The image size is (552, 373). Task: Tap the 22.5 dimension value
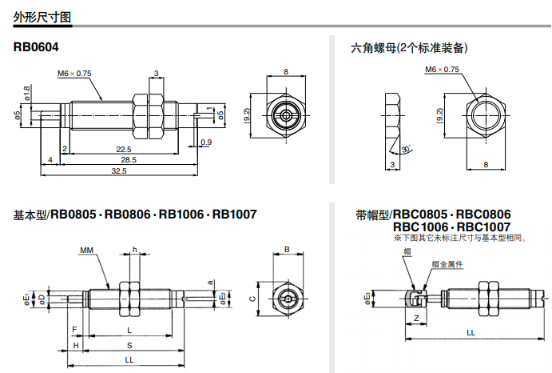123,149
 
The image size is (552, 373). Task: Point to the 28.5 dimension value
129,160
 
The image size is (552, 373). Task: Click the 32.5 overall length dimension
119,171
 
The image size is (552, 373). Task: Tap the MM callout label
86,251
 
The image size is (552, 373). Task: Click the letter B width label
287,251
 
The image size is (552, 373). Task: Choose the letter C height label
252,299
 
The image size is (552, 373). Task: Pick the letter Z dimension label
417,318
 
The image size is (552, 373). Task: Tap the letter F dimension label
74,330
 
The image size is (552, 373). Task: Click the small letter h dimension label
134,251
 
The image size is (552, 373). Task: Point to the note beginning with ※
459,239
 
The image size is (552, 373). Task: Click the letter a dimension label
210,282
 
